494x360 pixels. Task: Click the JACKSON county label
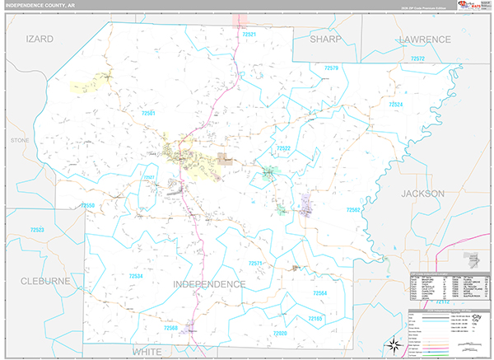pos(422,193)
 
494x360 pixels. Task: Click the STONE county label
pos(19,141)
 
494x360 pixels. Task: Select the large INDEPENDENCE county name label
pos(209,284)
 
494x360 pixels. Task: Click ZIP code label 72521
pos(250,35)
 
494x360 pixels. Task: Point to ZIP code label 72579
pos(332,68)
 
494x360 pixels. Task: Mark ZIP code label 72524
pos(396,105)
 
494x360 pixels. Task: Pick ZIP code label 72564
pos(320,293)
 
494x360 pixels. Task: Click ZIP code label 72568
pos(170,328)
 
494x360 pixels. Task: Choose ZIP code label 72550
pos(88,205)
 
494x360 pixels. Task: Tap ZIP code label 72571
pos(254,263)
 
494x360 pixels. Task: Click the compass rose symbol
pos(394,344)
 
